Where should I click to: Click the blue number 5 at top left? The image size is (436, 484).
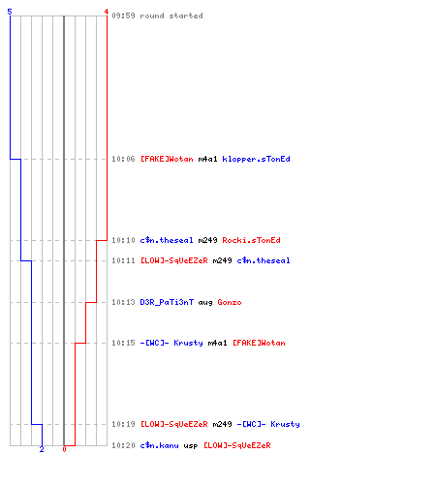click(10, 12)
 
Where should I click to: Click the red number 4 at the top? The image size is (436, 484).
click(106, 12)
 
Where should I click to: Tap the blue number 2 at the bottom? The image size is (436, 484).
click(42, 449)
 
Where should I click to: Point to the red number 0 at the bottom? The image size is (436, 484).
click(64, 449)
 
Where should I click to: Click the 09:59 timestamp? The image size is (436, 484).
click(123, 15)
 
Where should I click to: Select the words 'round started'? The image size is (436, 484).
click(171, 15)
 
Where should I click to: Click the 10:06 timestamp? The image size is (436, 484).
click(123, 159)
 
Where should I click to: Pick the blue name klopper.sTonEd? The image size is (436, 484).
click(256, 159)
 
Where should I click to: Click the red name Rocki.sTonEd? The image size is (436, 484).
click(251, 240)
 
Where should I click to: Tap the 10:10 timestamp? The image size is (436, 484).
click(123, 240)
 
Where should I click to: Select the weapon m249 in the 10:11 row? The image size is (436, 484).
click(222, 260)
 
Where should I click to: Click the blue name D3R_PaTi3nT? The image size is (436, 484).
click(167, 302)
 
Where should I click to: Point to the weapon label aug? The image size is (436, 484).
click(205, 303)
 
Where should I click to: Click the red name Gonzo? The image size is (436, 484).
click(230, 302)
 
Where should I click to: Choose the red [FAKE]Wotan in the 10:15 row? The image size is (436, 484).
click(259, 343)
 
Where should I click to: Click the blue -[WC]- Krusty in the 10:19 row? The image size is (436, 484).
click(268, 424)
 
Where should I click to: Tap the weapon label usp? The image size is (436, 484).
click(191, 446)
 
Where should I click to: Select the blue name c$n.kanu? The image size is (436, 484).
click(159, 445)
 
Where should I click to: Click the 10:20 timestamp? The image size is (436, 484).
click(123, 445)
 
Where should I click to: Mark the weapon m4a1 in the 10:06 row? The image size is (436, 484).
click(207, 159)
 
